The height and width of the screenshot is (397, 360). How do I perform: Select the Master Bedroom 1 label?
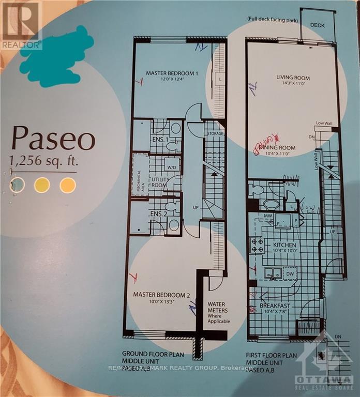tap(172, 73)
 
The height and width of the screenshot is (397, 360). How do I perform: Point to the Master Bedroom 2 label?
tap(161, 295)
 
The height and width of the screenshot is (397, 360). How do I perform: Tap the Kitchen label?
tap(285, 245)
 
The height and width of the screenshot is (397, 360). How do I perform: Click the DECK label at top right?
tap(317, 24)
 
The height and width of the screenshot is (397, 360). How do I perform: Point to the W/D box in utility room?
tap(171, 167)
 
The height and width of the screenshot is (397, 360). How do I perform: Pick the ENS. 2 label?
tap(157, 213)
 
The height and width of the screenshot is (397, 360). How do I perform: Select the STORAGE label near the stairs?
tap(215, 134)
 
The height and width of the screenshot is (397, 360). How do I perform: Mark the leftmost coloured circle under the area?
tap(18, 185)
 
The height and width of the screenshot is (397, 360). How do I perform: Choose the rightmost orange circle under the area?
tap(67, 185)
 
